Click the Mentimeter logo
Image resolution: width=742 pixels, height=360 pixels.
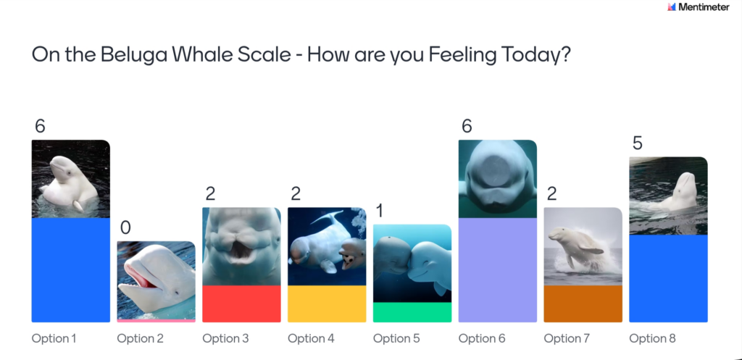[x=698, y=7]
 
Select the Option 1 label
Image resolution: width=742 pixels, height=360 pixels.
[x=54, y=338]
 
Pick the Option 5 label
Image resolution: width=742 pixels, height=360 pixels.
[x=396, y=338]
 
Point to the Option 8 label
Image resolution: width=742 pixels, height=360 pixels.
[x=653, y=338]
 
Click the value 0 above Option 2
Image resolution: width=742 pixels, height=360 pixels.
[x=125, y=227]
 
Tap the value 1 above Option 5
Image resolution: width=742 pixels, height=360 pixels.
[x=379, y=211]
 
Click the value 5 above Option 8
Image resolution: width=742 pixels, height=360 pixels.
[x=638, y=143]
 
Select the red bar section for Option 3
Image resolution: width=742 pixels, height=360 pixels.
[x=241, y=304]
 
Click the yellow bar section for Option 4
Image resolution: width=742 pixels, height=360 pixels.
[x=327, y=304]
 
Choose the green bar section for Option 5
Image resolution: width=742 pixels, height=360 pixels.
[x=412, y=312]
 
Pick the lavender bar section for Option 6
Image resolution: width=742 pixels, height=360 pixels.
[x=498, y=269]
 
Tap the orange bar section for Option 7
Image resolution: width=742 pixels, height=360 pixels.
[x=583, y=304]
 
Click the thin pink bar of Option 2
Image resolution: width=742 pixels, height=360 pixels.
[x=157, y=321]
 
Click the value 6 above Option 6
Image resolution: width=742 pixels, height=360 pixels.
[x=467, y=126]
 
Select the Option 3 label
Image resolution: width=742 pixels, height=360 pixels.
[x=226, y=338]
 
